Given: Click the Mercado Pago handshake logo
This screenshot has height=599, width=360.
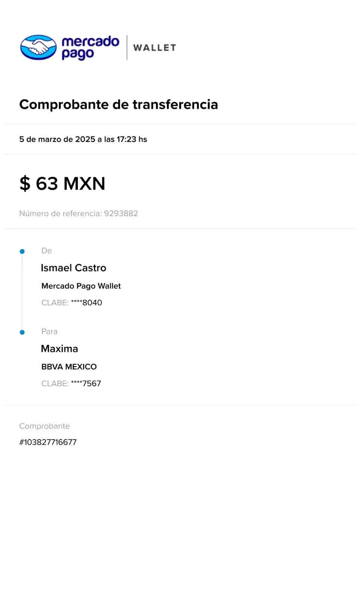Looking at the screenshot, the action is [39, 48].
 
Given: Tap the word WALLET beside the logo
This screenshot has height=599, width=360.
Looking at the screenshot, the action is [154, 48].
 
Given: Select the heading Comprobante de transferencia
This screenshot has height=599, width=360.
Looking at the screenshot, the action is [118, 104].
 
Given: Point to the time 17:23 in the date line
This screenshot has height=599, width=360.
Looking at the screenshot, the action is [126, 139].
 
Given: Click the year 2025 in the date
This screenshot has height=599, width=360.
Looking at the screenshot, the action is [85, 139].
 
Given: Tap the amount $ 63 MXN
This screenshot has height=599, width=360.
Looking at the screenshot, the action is [62, 183].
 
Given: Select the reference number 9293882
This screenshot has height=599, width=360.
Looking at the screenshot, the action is [121, 213].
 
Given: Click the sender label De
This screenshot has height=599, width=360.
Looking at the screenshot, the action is [46, 250].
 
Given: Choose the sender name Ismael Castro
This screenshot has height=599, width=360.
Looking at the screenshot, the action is [73, 268].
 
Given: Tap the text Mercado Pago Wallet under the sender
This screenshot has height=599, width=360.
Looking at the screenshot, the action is [81, 286].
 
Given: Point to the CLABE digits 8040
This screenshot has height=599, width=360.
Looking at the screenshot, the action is [92, 302].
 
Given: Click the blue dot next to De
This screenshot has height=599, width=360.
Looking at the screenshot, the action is [22, 251].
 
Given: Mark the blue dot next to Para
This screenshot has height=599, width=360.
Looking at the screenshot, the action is [22, 332].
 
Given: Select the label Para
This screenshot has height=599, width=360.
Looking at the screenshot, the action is [49, 331].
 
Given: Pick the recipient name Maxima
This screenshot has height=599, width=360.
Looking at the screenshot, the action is [60, 349].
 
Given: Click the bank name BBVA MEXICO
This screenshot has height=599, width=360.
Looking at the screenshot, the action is [69, 367].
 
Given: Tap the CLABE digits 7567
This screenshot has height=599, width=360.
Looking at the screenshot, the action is [92, 383].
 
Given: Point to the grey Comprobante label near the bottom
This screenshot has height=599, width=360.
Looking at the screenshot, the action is [45, 426].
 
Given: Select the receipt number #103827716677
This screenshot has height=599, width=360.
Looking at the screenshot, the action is [48, 442].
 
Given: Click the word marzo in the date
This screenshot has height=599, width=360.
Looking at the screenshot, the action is [50, 139].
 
